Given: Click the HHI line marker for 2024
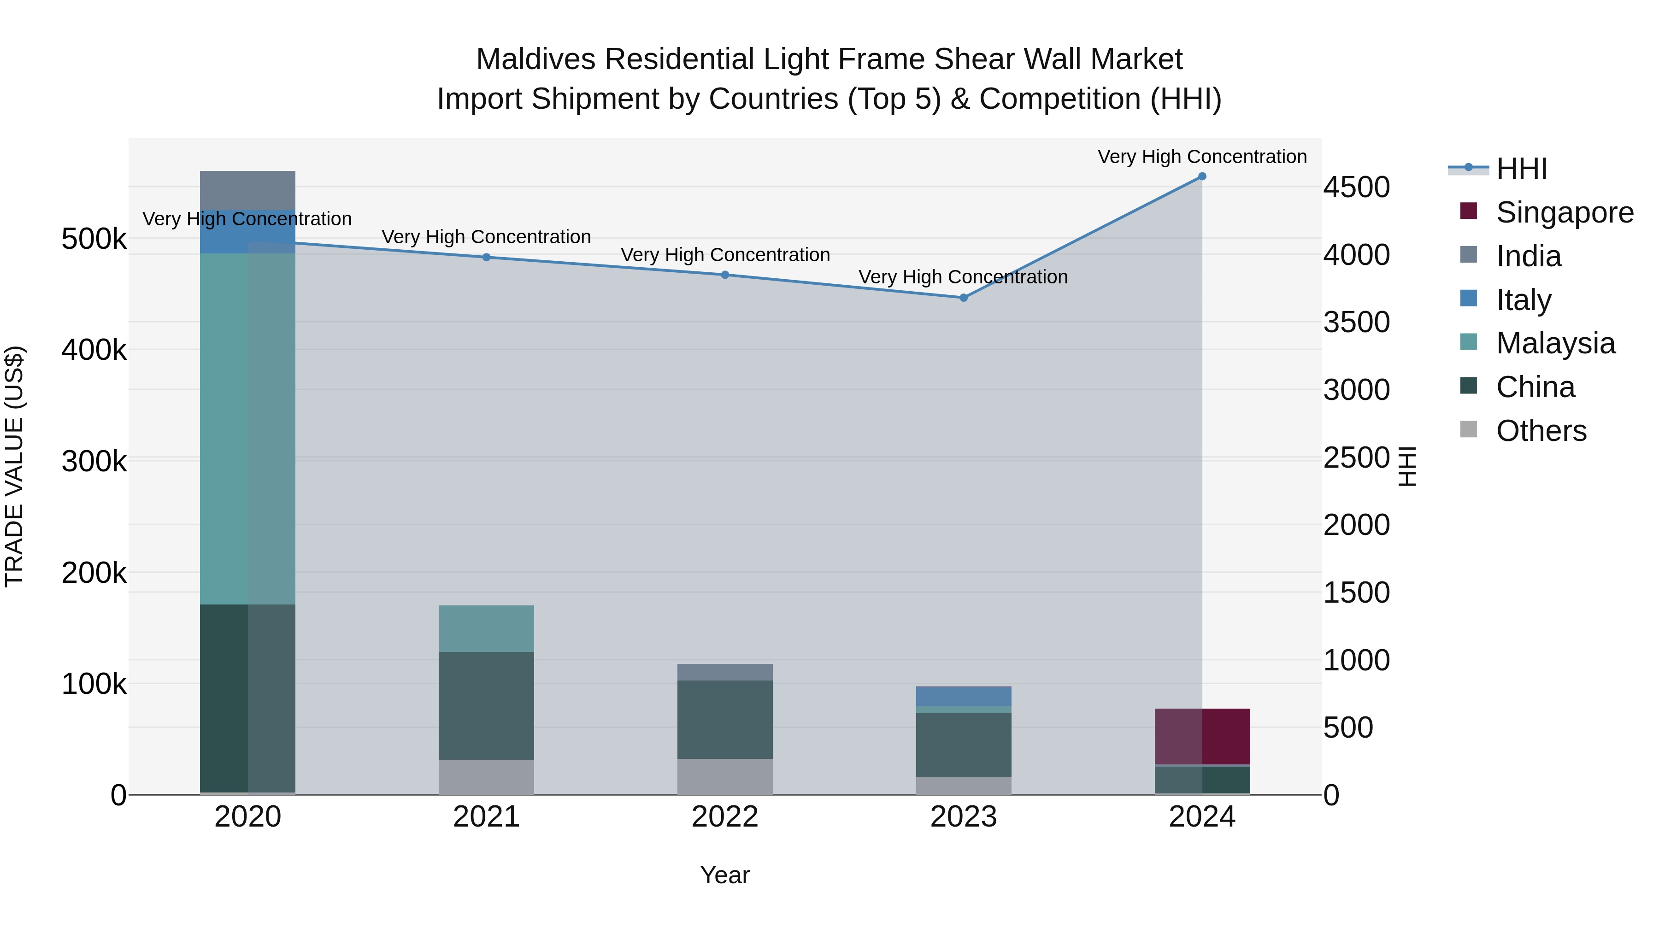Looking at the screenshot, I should (1202, 176).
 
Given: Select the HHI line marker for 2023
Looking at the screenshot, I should (964, 298).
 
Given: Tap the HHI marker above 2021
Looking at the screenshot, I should (486, 257).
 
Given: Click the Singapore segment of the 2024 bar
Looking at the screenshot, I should (1202, 736).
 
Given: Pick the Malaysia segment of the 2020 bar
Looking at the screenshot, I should (247, 428).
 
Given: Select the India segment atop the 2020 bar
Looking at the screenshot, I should (247, 190).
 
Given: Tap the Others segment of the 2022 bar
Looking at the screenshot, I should (724, 776).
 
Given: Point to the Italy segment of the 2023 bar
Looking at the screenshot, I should (964, 696).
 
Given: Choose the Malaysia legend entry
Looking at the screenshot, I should (1555, 343).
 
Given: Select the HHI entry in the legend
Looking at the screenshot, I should (1521, 169).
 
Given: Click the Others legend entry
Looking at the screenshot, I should (1541, 431).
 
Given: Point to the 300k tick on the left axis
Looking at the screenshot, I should (94, 462).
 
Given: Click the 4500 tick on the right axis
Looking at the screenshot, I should (1356, 188).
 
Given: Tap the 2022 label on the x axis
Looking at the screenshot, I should (724, 817).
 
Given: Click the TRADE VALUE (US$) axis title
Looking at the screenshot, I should (14, 466).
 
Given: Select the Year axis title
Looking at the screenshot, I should (724, 875).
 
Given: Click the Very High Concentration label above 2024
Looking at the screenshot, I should (1202, 157).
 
